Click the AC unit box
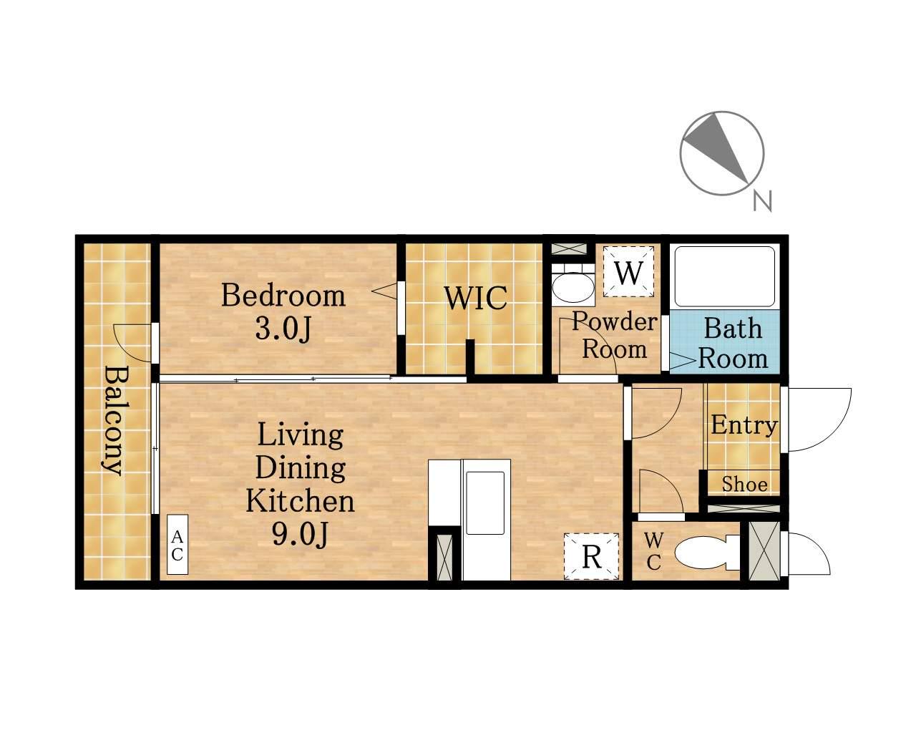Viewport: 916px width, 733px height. pos(177,544)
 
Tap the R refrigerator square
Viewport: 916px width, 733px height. pos(591,556)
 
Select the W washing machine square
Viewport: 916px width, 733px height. pos(629,272)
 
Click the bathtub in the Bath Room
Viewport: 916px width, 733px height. pos(724,276)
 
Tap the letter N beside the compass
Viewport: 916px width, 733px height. pos(762,200)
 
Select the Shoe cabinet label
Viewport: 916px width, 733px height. pos(744,485)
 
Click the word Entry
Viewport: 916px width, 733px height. pos(744,425)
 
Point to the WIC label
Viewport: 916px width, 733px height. pos(476,298)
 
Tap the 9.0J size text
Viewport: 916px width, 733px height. pos(301,535)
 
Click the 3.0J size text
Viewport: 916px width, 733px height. pos(283,329)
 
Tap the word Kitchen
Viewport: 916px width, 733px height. pos(300,500)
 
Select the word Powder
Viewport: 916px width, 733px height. pos(614,321)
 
